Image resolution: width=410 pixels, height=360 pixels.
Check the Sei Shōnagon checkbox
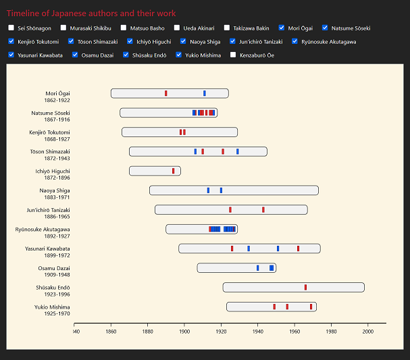pyautogui.click(x=11, y=28)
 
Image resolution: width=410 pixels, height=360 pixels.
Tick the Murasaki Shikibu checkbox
pyautogui.click(x=63, y=28)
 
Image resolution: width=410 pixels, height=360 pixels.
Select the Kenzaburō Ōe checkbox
pyautogui.click(x=234, y=55)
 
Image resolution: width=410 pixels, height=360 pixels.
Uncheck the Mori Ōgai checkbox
pyautogui.click(x=281, y=28)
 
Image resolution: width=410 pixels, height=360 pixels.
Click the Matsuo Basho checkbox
pyautogui.click(x=124, y=28)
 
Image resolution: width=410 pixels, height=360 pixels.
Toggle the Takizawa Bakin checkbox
pyautogui.click(x=228, y=28)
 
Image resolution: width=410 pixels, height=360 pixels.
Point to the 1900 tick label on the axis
pyautogui.click(x=184, y=332)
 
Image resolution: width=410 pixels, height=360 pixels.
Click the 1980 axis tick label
pyautogui.click(x=331, y=332)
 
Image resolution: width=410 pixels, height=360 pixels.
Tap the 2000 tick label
pyautogui.click(x=368, y=332)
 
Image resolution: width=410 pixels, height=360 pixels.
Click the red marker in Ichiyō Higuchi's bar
pyautogui.click(x=173, y=171)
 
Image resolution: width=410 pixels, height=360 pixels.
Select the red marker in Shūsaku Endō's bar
pyautogui.click(x=305, y=287)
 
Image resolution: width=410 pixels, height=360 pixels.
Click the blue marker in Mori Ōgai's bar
pyautogui.click(x=205, y=93)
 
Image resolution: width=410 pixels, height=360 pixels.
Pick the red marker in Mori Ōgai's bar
pyautogui.click(x=165, y=93)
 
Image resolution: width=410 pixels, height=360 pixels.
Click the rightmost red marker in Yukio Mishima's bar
pyautogui.click(x=311, y=307)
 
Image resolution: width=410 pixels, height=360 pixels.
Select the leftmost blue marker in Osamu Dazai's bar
pyautogui.click(x=257, y=268)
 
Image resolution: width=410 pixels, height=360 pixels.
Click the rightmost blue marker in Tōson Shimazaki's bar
pyautogui.click(x=237, y=151)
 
